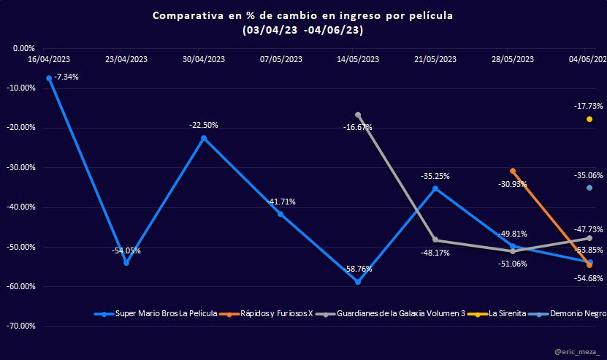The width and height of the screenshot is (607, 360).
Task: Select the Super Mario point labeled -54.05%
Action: [x=126, y=263]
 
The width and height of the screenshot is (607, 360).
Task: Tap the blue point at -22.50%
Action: [x=204, y=138]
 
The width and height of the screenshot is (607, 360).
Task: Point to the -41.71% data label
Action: [x=280, y=202]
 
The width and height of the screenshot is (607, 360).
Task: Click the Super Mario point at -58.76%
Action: [x=358, y=281]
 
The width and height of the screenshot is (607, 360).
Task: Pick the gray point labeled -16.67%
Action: [x=358, y=115]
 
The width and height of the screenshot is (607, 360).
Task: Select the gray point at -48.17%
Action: [x=435, y=240]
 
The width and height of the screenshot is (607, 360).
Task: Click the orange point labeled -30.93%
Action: [x=513, y=171]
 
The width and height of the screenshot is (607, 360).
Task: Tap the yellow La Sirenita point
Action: [x=589, y=119]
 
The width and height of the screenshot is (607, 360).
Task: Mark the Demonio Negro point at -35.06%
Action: [x=589, y=188]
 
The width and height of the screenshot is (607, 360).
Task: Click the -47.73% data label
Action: [x=588, y=229]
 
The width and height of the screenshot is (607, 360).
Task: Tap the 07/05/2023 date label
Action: [x=280, y=59]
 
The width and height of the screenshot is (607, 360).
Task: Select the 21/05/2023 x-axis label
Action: [x=435, y=59]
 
